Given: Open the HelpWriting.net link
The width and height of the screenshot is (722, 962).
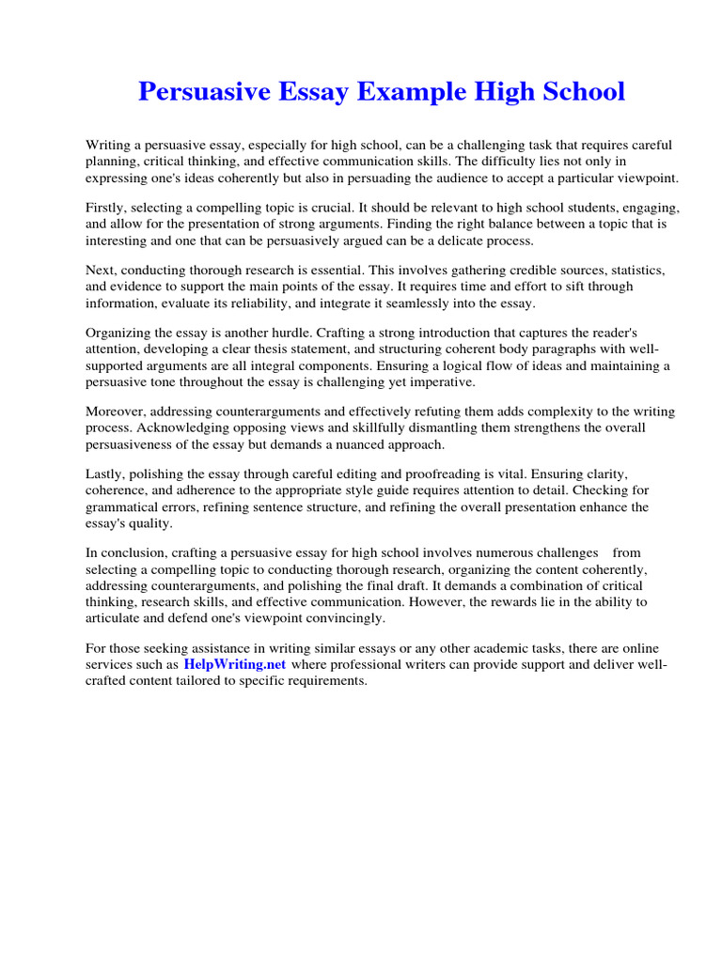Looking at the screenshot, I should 235,664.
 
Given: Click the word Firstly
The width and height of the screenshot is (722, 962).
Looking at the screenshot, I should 108,208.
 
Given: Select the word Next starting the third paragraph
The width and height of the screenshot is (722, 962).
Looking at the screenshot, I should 102,270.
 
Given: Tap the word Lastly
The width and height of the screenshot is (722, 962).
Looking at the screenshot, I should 107,474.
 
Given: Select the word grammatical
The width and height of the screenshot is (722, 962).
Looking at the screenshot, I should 125,506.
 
